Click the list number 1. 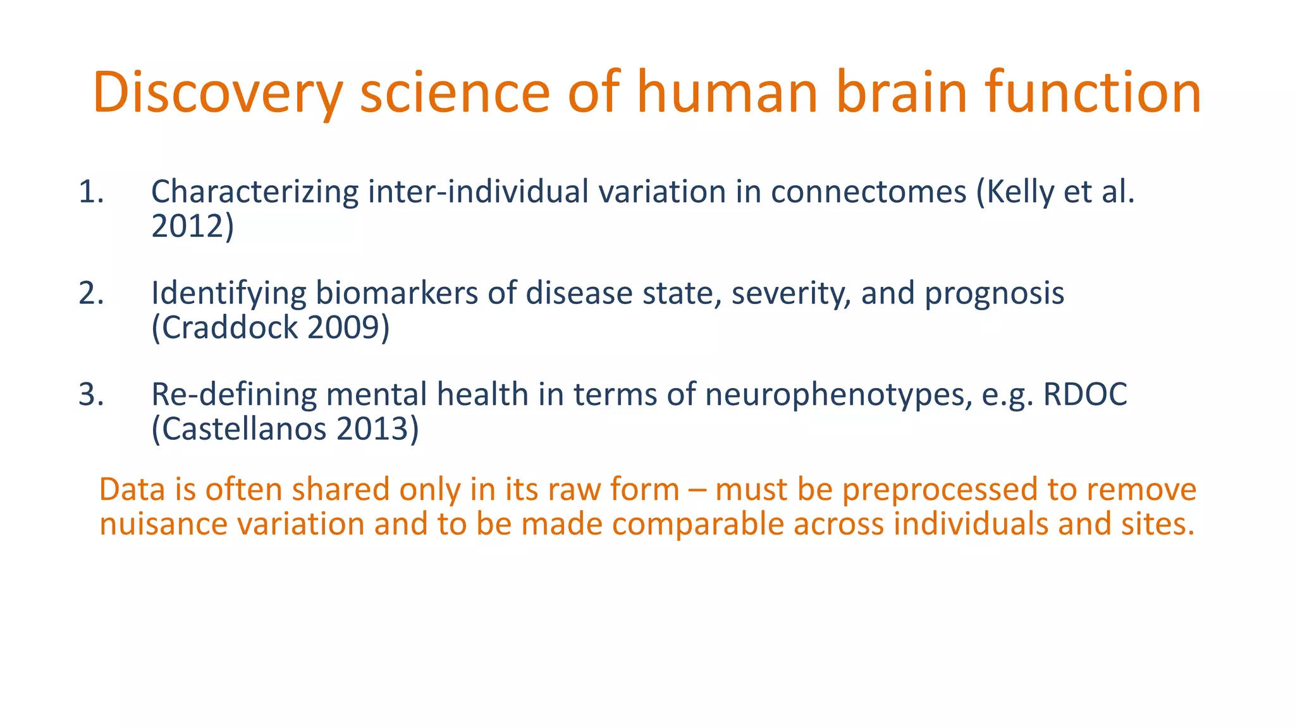tap(90, 192)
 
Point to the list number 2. tap(91, 294)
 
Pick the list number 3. tap(91, 395)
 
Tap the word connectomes tap(868, 192)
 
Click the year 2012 tap(188, 226)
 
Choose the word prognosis tap(995, 294)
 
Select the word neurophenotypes tap(838, 395)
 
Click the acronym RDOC tap(1085, 395)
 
